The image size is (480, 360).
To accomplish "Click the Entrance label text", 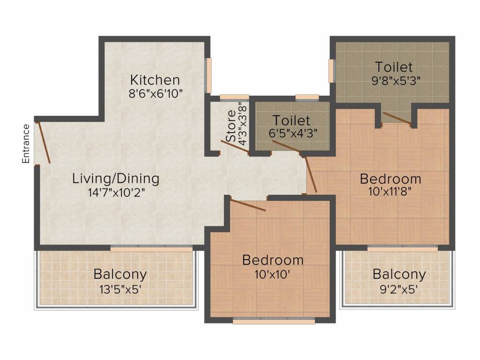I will point(26,143).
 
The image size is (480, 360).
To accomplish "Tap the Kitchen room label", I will point(155,79).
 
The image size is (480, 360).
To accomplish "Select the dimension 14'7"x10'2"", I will point(116,192).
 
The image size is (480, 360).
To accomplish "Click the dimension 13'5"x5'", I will point(120,288).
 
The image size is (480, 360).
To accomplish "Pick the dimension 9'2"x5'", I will point(399,288).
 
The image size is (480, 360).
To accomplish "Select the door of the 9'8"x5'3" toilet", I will point(397,119).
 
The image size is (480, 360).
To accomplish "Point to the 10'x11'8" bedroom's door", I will point(311,174).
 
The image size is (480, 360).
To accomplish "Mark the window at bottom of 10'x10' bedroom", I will point(274,321).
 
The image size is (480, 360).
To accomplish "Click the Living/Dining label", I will point(116,179).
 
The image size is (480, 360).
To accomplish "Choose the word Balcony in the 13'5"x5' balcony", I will point(120,274).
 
